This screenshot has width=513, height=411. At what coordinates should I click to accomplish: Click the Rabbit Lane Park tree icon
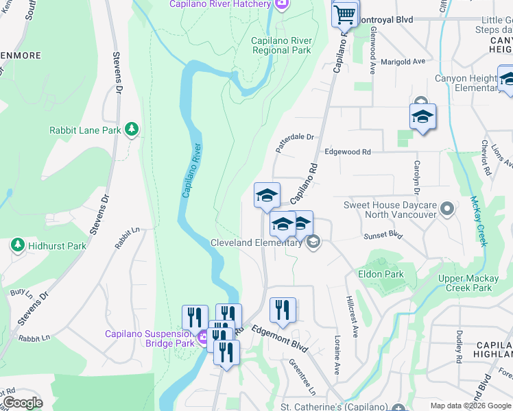coord(132,129)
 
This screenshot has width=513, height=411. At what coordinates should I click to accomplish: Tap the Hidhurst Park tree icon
coord(18,245)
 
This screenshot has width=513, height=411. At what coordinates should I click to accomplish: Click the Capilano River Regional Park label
coord(281,45)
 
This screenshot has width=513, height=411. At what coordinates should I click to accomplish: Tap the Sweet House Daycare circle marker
coord(448,207)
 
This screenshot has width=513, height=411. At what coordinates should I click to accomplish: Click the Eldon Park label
coord(381,274)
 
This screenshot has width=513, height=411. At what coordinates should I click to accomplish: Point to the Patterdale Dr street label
coord(294,142)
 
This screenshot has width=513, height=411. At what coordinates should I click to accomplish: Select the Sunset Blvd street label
coord(383,235)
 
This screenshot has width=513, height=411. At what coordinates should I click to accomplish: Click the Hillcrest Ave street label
coord(353,316)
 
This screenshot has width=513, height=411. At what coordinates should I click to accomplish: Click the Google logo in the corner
coord(22,403)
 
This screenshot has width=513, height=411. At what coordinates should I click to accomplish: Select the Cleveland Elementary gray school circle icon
coord(313,241)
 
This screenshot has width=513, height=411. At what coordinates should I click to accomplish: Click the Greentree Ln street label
coord(302,377)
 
